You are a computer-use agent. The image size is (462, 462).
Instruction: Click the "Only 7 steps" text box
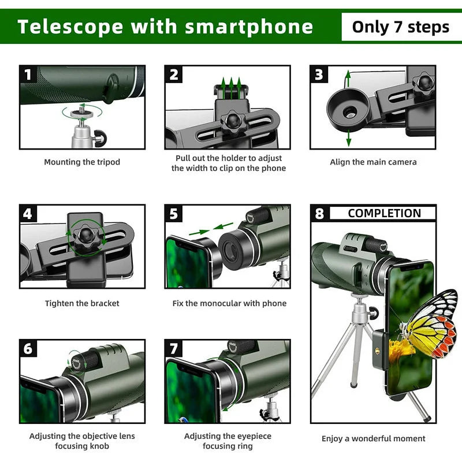coord(400,27)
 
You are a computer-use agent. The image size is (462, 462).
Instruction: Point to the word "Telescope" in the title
coord(70,27)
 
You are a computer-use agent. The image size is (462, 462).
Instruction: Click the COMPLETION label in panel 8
coord(384,213)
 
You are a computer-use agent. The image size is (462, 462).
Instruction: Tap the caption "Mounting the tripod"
coord(82,162)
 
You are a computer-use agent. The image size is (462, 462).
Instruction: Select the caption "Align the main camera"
coord(373,162)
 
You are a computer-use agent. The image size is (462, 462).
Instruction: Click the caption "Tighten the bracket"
coord(82,303)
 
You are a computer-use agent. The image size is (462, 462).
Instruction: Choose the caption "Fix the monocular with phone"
coord(229,303)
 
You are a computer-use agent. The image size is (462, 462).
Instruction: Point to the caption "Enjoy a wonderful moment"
coord(373,439)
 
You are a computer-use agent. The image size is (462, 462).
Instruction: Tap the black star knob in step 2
coord(233,121)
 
